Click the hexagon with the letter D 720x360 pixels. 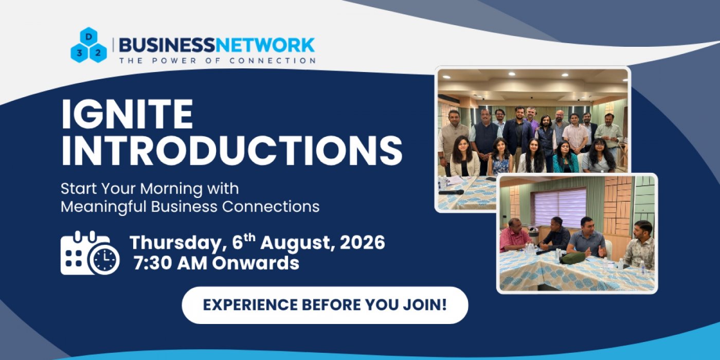(x=88, y=37)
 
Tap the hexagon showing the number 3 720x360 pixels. (x=79, y=53)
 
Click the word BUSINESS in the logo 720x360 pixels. (x=167, y=45)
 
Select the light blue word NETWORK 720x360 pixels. (x=265, y=45)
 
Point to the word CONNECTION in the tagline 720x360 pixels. (x=273, y=61)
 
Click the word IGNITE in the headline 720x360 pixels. (x=128, y=114)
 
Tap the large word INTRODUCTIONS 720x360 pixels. (x=232, y=151)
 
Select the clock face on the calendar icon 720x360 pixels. (x=104, y=259)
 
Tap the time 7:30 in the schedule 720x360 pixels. (x=155, y=263)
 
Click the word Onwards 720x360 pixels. (x=256, y=263)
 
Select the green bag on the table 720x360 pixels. (x=572, y=258)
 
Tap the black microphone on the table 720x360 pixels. (x=451, y=192)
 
